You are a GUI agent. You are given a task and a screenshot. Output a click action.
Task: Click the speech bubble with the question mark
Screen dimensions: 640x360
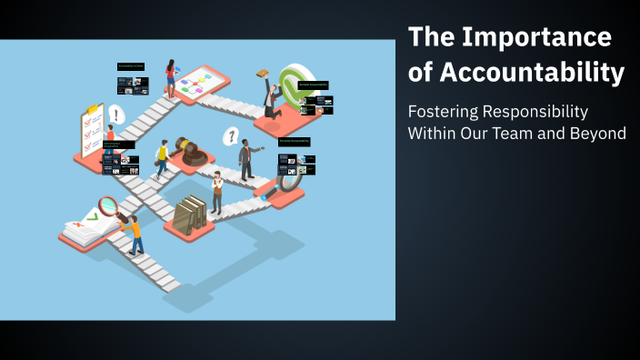pyautogui.click(x=231, y=136)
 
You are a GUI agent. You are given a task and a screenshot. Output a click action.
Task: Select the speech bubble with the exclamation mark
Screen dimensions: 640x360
pyautogui.click(x=116, y=115)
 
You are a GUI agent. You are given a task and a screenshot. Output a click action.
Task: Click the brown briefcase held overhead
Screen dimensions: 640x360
pyautogui.click(x=263, y=74)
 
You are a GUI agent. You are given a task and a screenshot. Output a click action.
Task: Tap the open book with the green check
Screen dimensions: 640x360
pyautogui.click(x=88, y=226)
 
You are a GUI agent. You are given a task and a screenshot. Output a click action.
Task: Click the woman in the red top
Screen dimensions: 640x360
pyautogui.click(x=170, y=77)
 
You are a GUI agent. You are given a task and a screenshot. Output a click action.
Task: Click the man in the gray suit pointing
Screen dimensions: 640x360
pyautogui.click(x=245, y=158)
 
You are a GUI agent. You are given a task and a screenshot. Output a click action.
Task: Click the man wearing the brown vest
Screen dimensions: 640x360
pyautogui.click(x=216, y=191)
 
